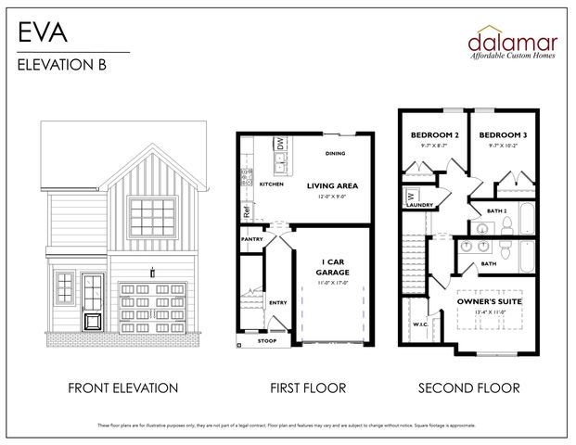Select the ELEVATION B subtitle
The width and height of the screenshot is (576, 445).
[58, 65]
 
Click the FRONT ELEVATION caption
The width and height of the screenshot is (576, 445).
[122, 388]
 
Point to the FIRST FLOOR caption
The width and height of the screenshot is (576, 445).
[308, 388]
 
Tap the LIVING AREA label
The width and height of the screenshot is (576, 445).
[332, 185]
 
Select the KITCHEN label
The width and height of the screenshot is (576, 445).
[271, 184]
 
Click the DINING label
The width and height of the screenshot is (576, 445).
[336, 153]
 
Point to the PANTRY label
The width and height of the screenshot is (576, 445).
[251, 238]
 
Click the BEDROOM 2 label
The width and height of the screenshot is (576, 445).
[434, 135]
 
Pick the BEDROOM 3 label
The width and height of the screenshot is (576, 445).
[502, 135]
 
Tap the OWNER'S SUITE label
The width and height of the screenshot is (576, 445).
[491, 302]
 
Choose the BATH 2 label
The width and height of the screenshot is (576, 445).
[496, 211]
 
